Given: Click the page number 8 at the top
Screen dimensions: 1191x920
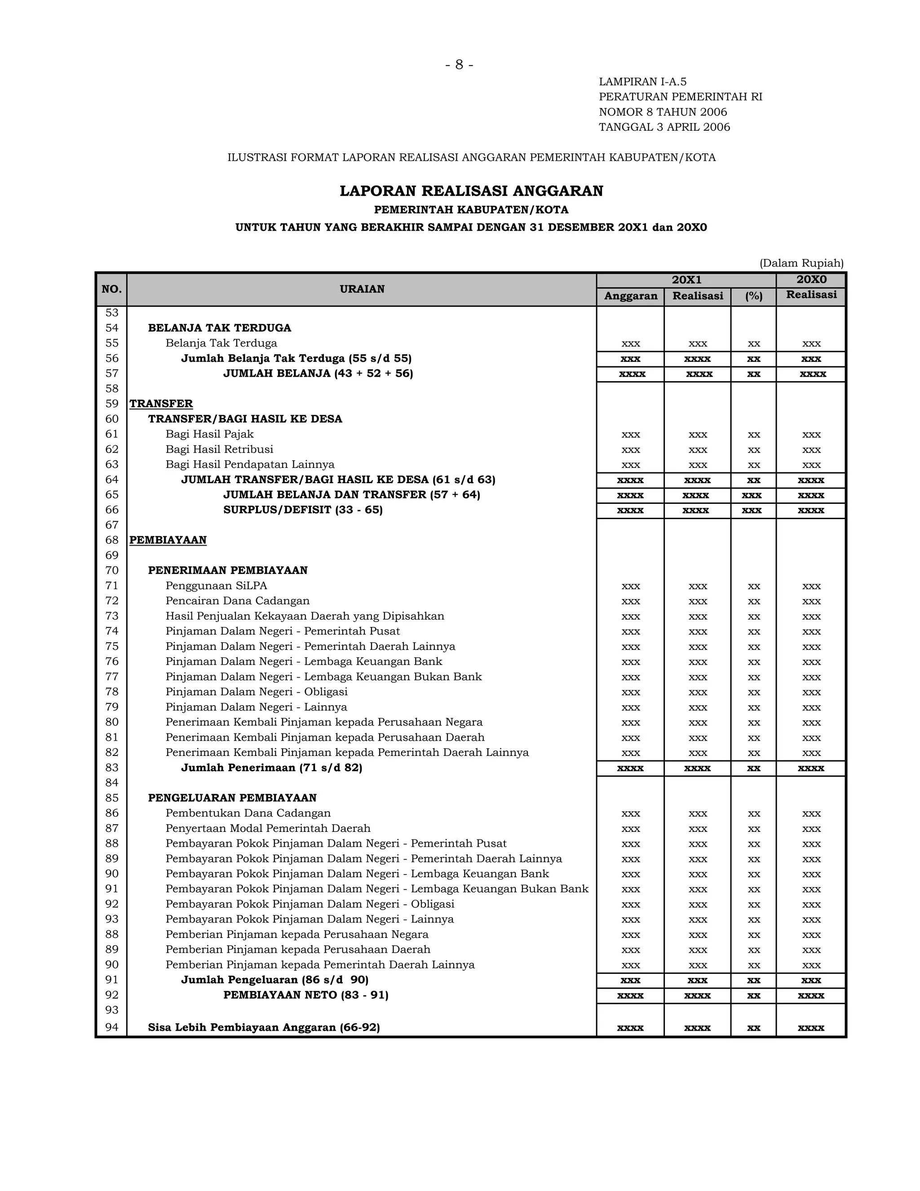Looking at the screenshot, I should point(459,65).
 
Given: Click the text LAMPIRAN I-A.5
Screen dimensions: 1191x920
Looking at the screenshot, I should point(642,82).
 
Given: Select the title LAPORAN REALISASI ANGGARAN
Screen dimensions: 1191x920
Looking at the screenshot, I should point(471,191).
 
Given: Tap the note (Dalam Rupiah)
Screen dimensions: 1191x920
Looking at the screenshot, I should point(801,263).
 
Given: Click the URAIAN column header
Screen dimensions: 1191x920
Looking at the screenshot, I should point(362,289).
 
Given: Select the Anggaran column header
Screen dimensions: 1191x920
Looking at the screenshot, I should point(630,296).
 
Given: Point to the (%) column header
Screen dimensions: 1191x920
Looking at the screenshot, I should point(753,296).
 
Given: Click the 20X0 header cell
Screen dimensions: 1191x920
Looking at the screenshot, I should point(811,280).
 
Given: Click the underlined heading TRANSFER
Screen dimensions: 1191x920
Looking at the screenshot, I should point(161,404).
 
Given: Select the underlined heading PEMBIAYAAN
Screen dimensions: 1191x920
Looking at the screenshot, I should point(168,540).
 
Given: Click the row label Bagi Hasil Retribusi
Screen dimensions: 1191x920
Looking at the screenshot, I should point(219,449).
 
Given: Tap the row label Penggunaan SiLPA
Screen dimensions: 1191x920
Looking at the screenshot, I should point(217,586).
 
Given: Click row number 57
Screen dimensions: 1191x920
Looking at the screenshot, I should point(112,373).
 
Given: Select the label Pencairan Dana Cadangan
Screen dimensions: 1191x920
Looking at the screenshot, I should point(237,601).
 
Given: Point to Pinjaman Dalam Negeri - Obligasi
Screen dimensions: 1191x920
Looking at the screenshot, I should point(256,692).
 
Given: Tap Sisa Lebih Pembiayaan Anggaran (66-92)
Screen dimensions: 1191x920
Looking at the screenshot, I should point(264,1027).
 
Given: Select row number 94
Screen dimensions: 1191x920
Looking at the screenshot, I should point(112,1027).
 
